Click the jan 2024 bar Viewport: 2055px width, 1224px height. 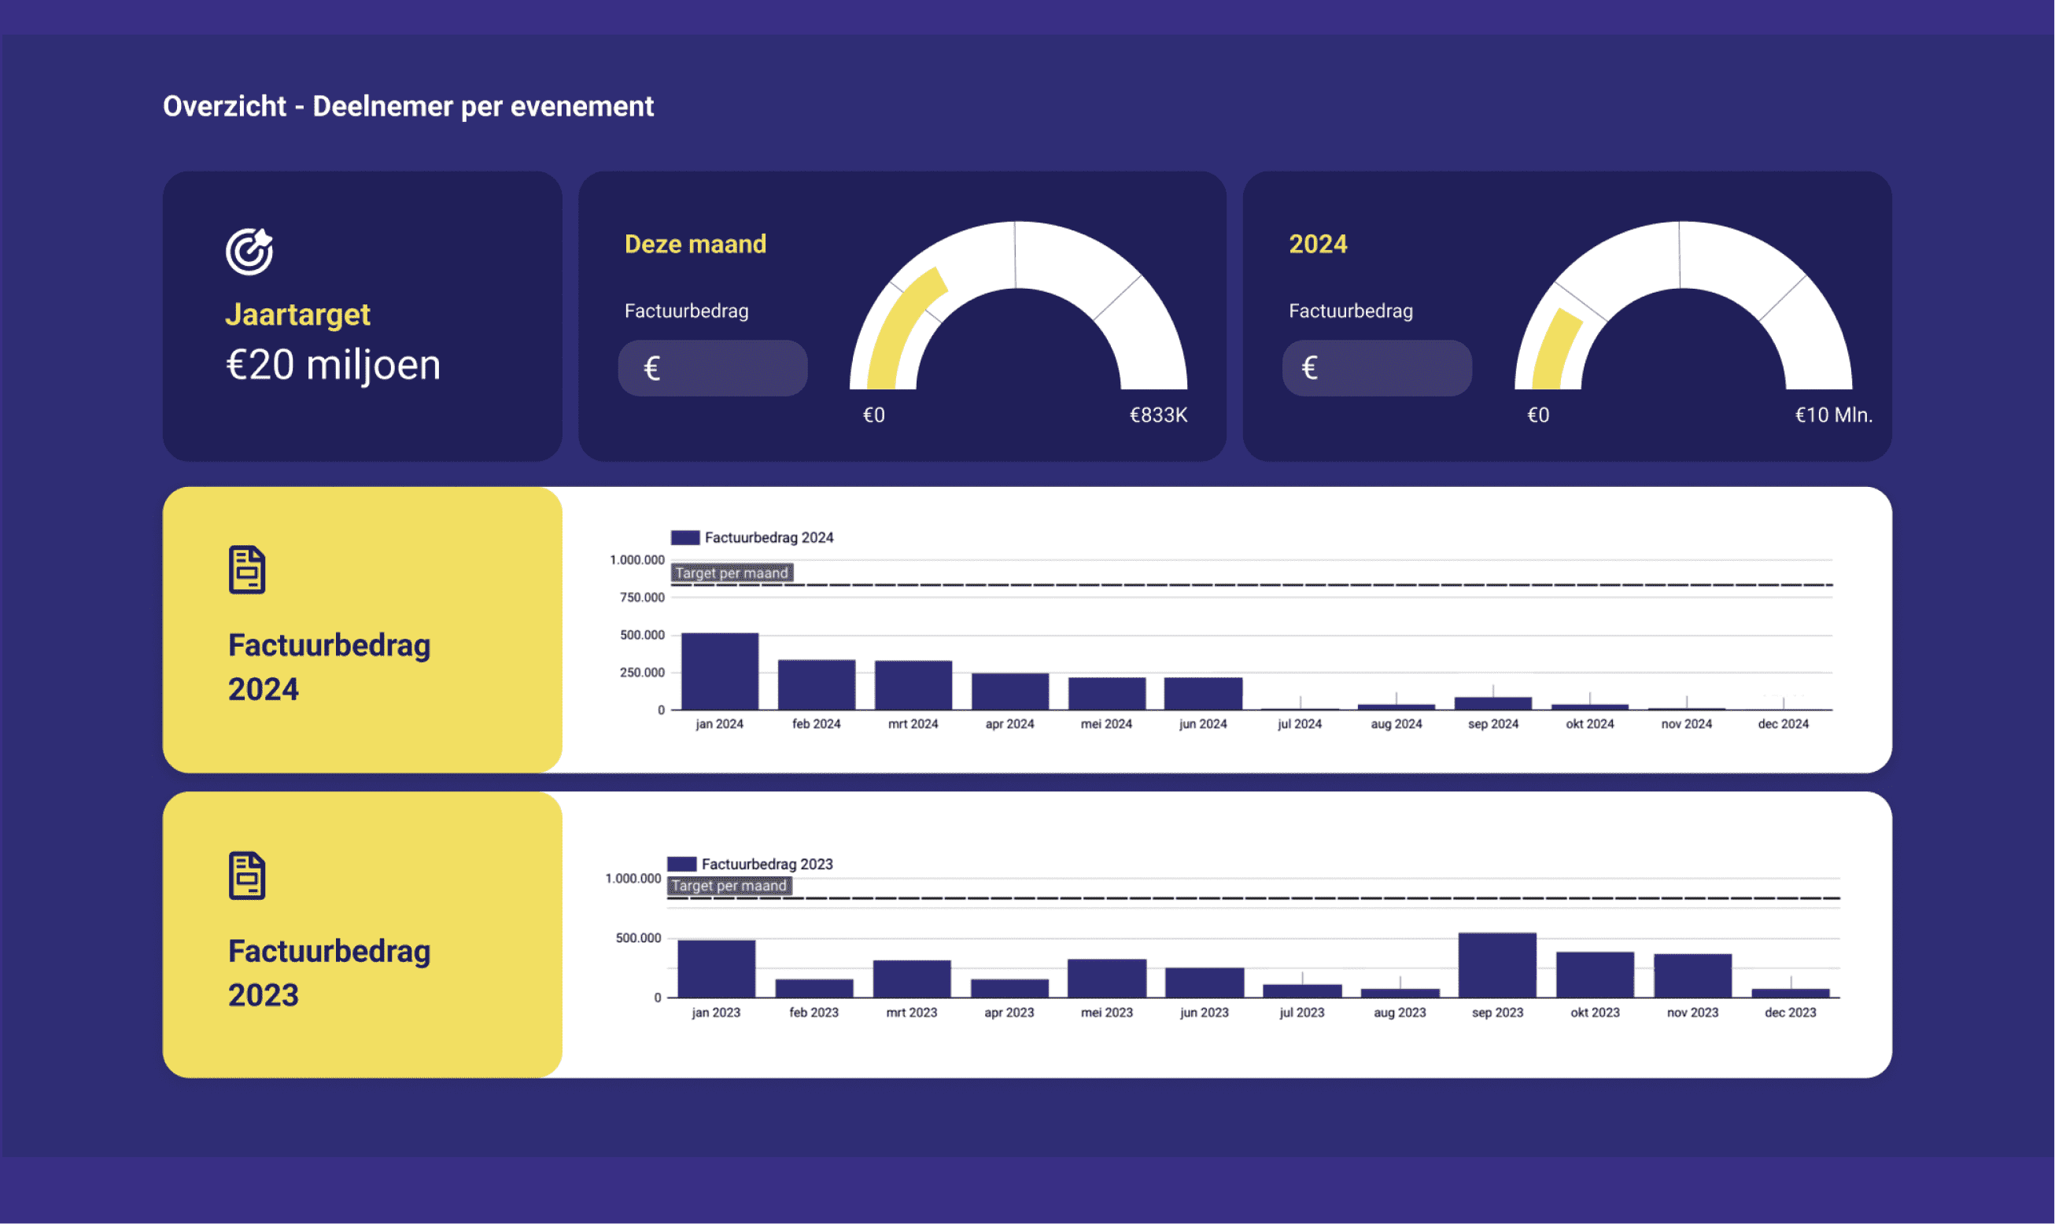[x=719, y=671]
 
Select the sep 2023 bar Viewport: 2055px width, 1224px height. [x=1496, y=965]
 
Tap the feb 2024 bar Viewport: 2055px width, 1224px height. [x=816, y=684]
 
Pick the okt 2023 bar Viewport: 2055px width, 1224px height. [x=1594, y=975]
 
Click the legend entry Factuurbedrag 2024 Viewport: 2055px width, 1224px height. [x=752, y=538]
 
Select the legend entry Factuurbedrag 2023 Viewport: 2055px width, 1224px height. [x=750, y=865]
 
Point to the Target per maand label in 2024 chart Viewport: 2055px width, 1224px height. [x=732, y=573]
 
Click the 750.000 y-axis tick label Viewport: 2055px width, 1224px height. [x=642, y=597]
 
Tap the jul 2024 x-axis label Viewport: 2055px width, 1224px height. [x=1300, y=724]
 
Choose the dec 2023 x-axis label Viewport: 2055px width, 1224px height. [x=1789, y=1013]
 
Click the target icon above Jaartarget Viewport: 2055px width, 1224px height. [x=249, y=251]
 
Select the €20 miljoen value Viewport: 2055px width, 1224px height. [x=334, y=365]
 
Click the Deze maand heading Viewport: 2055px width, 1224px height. [x=695, y=244]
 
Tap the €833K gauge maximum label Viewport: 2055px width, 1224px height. [x=1157, y=415]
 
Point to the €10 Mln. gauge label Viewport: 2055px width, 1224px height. [x=1833, y=415]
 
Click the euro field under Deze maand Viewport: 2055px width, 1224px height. [x=713, y=368]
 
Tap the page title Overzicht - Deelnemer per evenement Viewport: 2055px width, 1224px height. [x=408, y=106]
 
